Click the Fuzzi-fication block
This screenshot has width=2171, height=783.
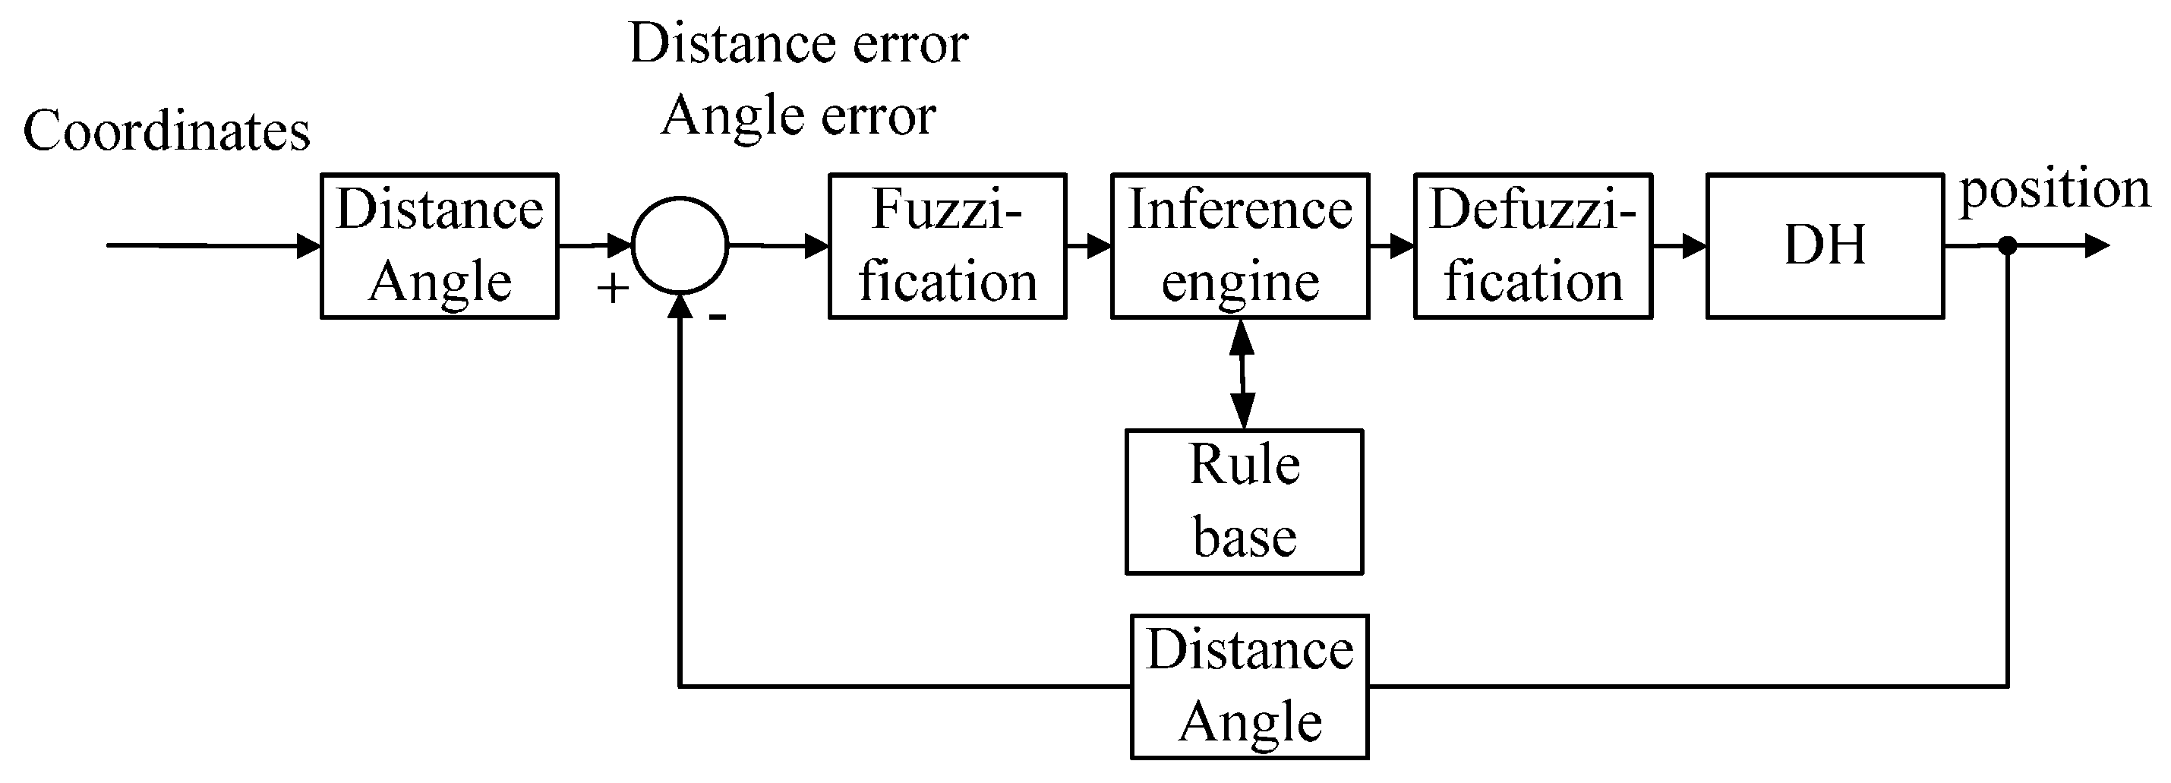pyautogui.click(x=947, y=245)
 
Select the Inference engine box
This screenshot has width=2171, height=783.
pyautogui.click(x=1240, y=245)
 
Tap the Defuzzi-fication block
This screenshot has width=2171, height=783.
pyautogui.click(x=1533, y=245)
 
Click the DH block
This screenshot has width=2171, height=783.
pyautogui.click(x=1825, y=245)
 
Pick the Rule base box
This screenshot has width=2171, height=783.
pyautogui.click(x=1244, y=501)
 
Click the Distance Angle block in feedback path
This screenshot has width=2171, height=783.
pyautogui.click(x=1249, y=686)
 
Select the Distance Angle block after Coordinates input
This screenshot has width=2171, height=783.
pyautogui.click(x=439, y=245)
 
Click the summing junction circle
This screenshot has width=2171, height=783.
pyautogui.click(x=680, y=245)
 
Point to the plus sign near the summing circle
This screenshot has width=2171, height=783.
pyautogui.click(x=613, y=289)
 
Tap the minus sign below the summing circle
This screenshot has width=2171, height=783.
pyautogui.click(x=717, y=317)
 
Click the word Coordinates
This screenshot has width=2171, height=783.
pyautogui.click(x=167, y=131)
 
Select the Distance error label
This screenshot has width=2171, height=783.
pyautogui.click(x=798, y=43)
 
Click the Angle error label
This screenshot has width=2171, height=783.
pyautogui.click(x=798, y=115)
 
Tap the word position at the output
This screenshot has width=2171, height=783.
pyautogui.click(x=2055, y=189)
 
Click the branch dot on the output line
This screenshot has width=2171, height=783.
pyautogui.click(x=2008, y=246)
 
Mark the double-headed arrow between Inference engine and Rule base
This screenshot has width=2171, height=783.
pyautogui.click(x=1242, y=374)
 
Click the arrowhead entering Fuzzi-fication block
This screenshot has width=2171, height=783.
pyautogui.click(x=818, y=246)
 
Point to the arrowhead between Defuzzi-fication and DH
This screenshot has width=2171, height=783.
pyautogui.click(x=1695, y=246)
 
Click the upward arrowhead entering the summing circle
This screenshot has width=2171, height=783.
pyautogui.click(x=680, y=307)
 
